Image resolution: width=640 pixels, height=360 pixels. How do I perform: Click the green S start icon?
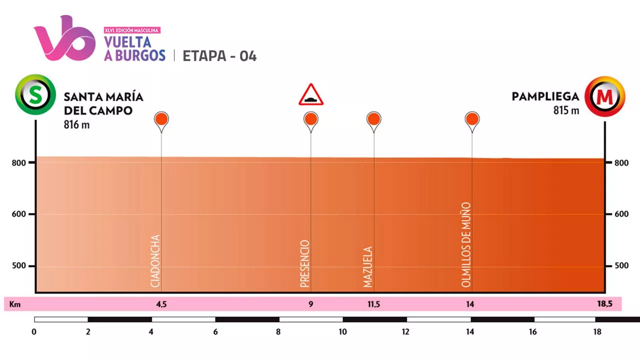point(35,95)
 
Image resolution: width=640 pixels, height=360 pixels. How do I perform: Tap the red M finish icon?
point(605,96)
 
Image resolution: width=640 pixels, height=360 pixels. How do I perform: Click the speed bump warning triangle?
point(311,95)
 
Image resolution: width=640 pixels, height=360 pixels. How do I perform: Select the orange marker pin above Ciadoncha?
point(161,119)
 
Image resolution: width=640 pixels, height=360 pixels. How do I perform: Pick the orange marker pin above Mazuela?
point(373,119)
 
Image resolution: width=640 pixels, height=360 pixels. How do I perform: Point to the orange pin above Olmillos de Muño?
point(472,119)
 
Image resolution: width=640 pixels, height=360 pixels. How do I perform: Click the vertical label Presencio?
point(305,263)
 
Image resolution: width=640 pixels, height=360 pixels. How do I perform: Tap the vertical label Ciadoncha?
point(155,261)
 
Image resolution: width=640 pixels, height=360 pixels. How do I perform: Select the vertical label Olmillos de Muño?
point(466,244)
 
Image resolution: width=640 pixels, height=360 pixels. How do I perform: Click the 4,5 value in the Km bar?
point(161,304)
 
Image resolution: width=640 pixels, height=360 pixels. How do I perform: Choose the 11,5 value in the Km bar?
point(373,304)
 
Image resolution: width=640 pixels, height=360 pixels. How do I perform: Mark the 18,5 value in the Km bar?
point(604,304)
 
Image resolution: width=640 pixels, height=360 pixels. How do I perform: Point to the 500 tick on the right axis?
point(621,265)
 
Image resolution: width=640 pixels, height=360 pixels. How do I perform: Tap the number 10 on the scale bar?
point(342,331)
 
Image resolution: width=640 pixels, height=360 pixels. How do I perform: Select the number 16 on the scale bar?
point(533,331)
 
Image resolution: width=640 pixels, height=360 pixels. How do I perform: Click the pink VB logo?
point(64,39)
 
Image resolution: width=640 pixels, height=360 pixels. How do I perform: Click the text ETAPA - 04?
point(219,56)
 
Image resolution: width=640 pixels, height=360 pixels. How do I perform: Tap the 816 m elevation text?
point(76,125)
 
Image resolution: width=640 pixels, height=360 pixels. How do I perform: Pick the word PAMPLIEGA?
point(545,96)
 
